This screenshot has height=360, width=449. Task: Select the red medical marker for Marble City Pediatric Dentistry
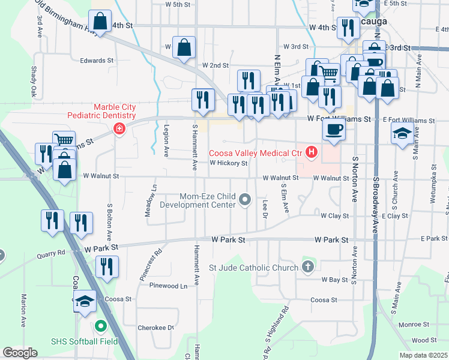pos(119,129)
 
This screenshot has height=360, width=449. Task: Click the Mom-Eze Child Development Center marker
pos(245,199)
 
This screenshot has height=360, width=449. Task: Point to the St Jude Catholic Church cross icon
pos(308,266)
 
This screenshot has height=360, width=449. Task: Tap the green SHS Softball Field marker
pos(100,327)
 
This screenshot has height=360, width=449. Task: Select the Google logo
pos(20,353)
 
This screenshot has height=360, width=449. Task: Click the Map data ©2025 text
pos(424,355)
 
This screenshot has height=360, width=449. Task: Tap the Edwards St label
pos(97,61)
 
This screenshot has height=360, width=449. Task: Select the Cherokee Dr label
pos(158,328)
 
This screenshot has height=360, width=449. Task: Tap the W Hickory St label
pos(228,163)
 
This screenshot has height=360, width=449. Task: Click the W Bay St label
pos(335,280)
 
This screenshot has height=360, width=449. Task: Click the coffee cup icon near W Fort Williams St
pos(334,129)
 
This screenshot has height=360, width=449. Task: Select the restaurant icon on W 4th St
pos(347,28)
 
